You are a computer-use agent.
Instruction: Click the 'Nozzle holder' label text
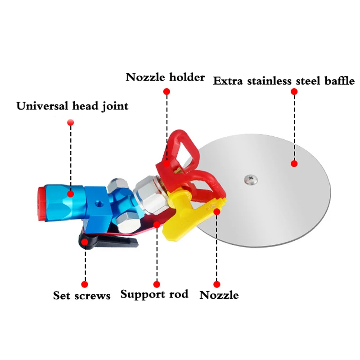(x=165, y=77)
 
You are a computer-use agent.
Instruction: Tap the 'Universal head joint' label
(x=72, y=106)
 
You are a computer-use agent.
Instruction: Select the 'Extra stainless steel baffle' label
(x=284, y=81)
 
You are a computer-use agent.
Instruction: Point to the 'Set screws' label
(x=82, y=296)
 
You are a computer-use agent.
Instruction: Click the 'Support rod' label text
(x=154, y=295)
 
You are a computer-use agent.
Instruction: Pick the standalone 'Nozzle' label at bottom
(x=219, y=295)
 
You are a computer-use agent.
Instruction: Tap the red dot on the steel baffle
(x=294, y=164)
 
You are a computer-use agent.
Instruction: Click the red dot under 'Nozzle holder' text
(x=166, y=91)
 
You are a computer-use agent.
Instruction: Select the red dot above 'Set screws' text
(x=84, y=284)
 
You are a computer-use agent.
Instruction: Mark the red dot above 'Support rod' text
(x=157, y=284)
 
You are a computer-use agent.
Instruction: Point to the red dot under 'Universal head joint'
(x=70, y=122)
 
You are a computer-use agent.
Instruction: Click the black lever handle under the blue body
(x=108, y=242)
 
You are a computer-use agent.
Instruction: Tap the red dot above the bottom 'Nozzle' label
(x=217, y=284)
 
